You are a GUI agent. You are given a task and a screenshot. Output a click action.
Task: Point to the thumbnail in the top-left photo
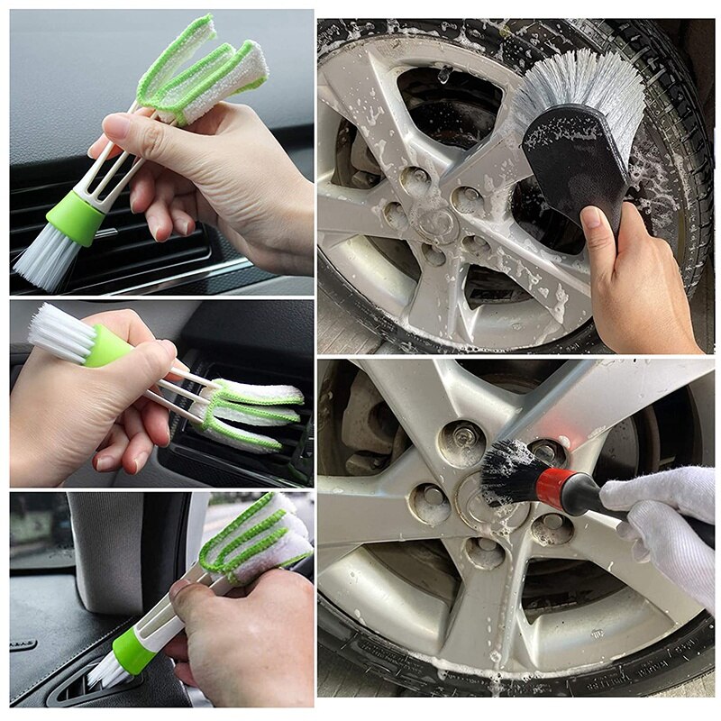click(116, 126)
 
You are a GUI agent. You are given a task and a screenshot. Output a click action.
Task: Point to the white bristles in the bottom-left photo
click(105, 671)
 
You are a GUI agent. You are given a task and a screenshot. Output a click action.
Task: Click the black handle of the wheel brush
click(577, 162)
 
